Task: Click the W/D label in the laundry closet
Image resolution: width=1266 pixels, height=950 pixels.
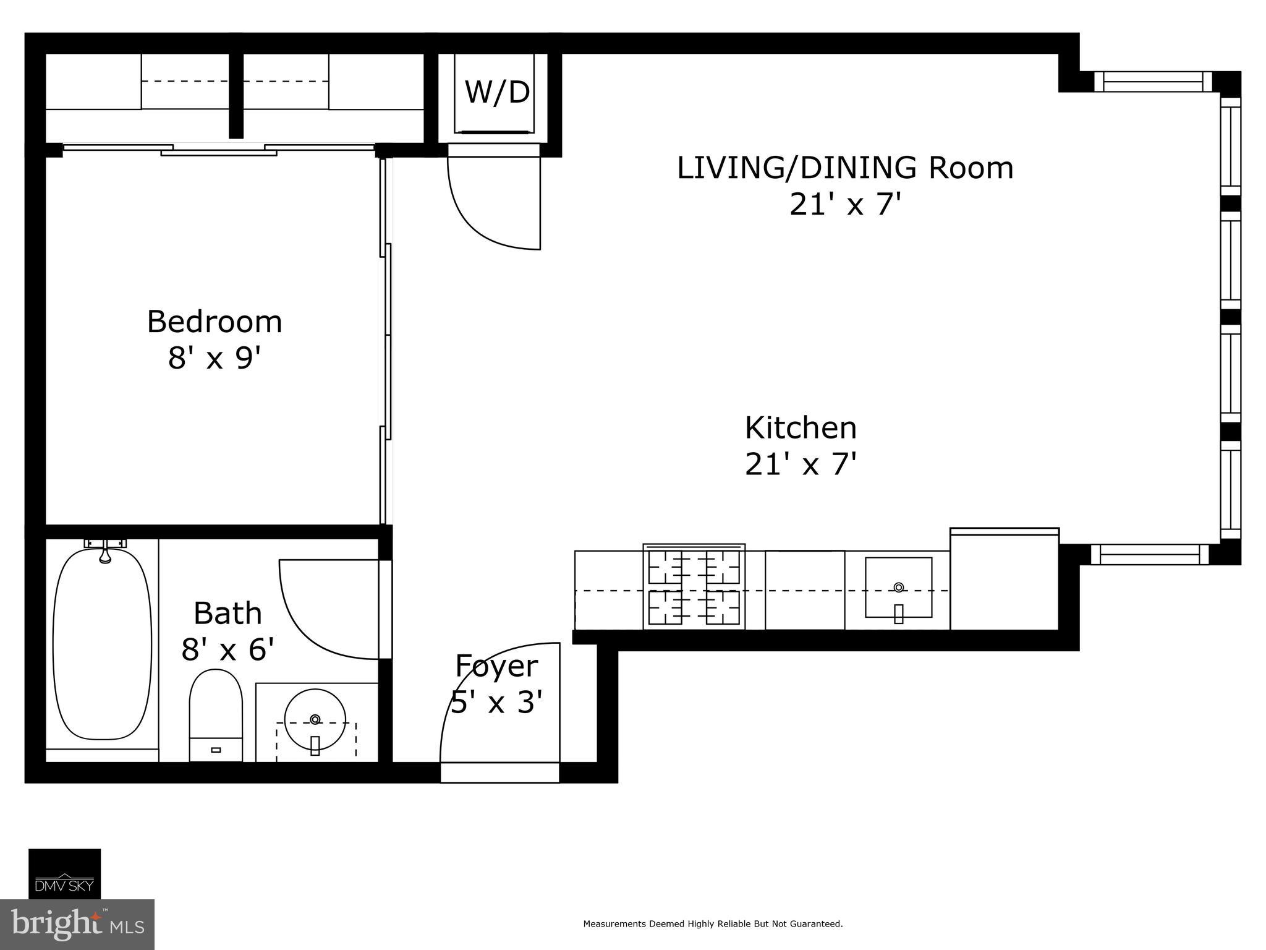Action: [497, 92]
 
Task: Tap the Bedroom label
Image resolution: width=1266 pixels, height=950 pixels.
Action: [215, 322]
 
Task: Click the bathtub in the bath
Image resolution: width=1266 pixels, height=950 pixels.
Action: [102, 644]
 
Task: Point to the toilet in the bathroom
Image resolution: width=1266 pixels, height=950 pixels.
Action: [216, 715]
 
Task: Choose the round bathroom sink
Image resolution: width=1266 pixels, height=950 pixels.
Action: [315, 720]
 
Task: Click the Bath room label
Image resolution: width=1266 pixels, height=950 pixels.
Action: [227, 613]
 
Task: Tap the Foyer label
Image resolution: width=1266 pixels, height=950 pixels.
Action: [496, 666]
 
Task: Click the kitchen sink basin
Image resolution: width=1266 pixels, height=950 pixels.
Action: [898, 587]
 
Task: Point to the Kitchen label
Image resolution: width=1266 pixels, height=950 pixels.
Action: [801, 428]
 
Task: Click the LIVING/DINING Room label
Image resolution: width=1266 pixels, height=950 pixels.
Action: [845, 168]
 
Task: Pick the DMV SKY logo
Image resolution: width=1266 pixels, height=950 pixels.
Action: [64, 873]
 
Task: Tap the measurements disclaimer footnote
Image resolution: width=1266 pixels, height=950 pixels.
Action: [713, 924]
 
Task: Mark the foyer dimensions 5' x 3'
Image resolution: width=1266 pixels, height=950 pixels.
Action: [496, 702]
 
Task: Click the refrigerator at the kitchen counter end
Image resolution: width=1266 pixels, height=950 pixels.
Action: [1005, 579]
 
